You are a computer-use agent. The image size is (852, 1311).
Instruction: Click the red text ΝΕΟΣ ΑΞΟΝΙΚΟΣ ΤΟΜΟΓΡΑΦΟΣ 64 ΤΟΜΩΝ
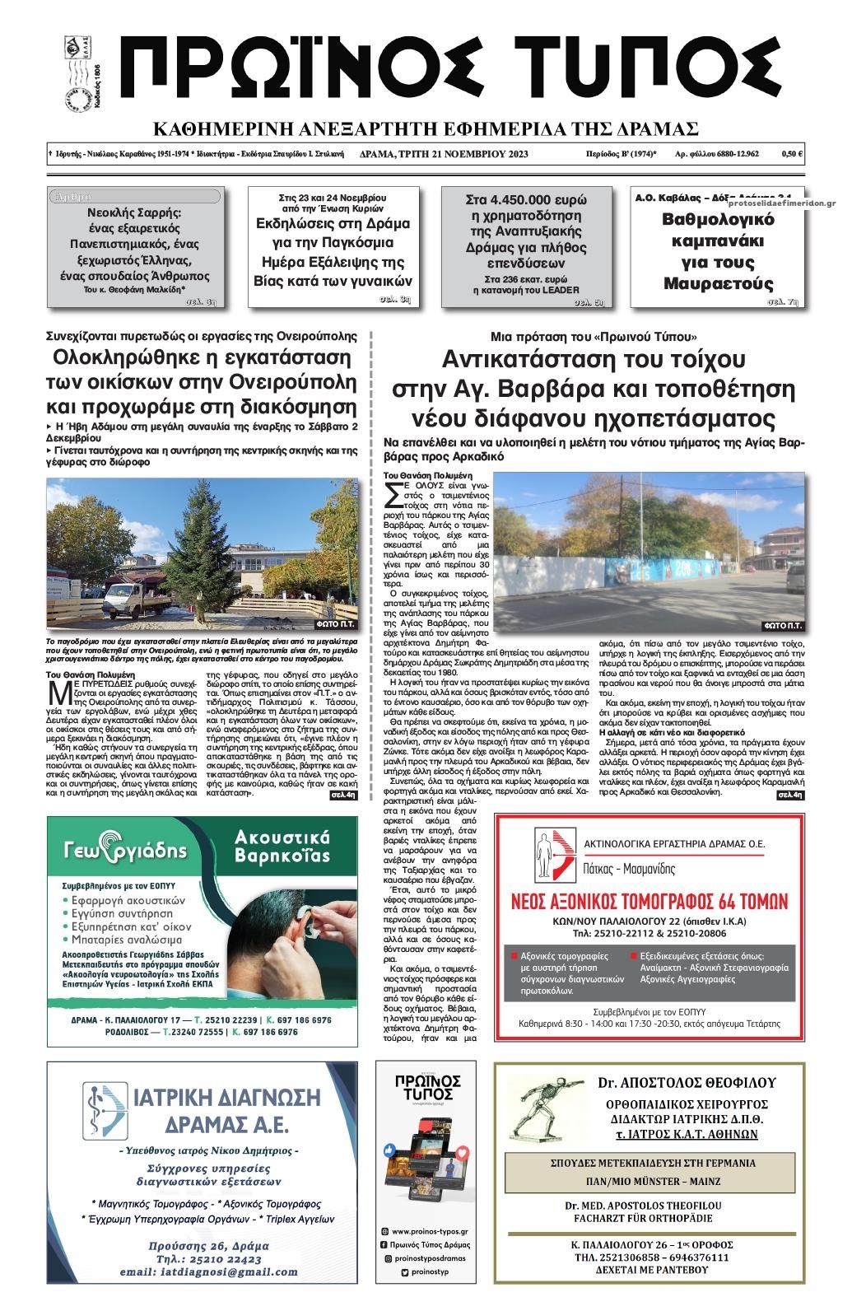[649, 899]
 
